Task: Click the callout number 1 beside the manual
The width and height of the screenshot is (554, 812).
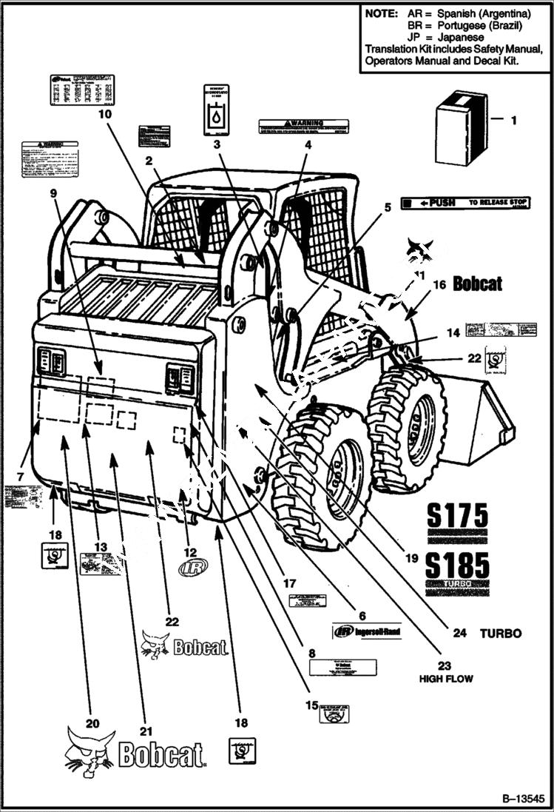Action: point(516,118)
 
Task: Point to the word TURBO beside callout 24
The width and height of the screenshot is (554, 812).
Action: point(501,634)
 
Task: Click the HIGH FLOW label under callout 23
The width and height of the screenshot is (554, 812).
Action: point(446,678)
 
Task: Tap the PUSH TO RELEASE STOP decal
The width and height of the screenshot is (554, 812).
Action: point(461,202)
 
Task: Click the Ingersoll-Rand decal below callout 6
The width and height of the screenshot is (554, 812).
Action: point(367,632)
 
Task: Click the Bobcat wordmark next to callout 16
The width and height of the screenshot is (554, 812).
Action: point(477,283)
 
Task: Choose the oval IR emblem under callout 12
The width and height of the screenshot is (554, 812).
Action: point(193,567)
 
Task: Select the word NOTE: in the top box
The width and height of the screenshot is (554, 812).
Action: point(380,14)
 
